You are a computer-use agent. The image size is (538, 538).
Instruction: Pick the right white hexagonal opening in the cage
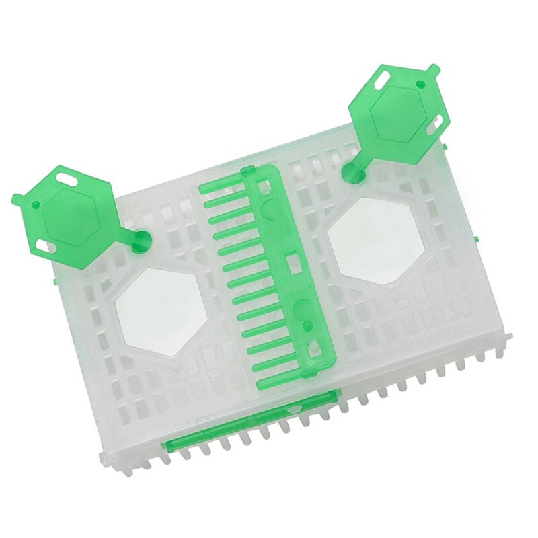coord(376,241)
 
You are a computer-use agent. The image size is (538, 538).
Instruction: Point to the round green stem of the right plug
coord(352,171)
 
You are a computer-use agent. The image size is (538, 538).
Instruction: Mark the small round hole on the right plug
coord(421,85)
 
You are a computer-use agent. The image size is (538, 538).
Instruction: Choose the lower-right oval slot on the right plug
coord(438,123)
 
